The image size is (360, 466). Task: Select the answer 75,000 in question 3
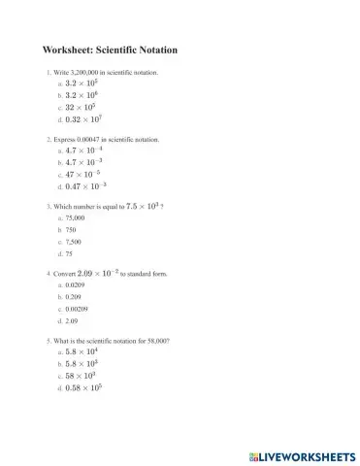pyautogui.click(x=75, y=218)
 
